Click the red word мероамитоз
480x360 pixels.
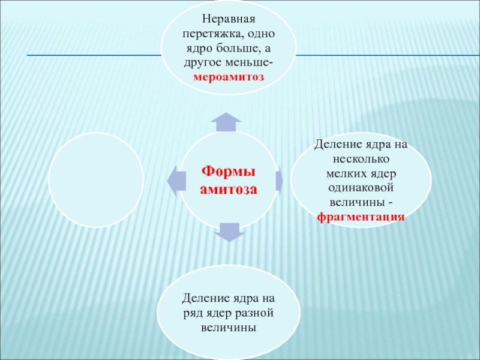[x=228, y=78]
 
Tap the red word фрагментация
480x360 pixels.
[x=361, y=215]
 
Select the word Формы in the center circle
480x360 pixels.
[x=228, y=172]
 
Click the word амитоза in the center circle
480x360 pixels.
[x=228, y=189]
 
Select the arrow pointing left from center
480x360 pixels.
[x=173, y=179]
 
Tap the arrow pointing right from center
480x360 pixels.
[x=280, y=180]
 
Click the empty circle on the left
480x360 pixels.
[x=96, y=180]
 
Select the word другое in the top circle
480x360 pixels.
[x=201, y=64]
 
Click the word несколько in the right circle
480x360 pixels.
[x=361, y=160]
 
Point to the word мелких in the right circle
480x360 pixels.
[x=344, y=173]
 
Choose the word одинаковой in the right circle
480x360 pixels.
[x=361, y=187]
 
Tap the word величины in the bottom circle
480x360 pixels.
[x=228, y=328]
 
